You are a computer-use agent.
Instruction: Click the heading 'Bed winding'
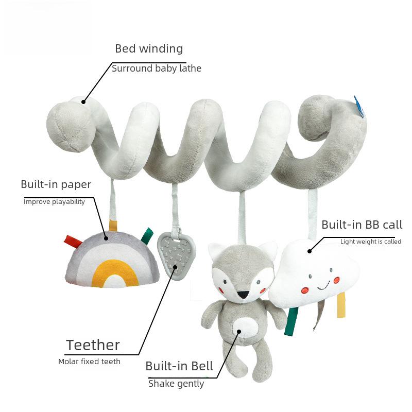coord(149,49)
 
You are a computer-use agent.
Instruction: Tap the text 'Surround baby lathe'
coord(157,68)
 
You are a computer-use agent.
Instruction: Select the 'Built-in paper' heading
coord(56,185)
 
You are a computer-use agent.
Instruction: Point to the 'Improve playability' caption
coord(54,202)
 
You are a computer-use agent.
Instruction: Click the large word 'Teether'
coord(93,345)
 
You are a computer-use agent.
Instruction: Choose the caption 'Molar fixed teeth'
coord(89,362)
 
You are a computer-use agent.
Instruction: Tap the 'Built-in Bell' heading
coord(179,366)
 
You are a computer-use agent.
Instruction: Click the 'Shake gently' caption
coord(176,384)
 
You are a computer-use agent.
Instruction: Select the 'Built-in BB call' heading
coord(362,225)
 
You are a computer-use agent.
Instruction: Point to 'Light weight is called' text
coord(371,242)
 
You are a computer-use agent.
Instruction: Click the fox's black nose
coord(243,294)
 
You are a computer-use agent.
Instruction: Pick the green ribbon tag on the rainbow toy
coord(147,235)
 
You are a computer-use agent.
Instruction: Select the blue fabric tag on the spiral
coord(359,107)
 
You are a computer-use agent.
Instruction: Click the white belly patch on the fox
coord(245,328)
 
